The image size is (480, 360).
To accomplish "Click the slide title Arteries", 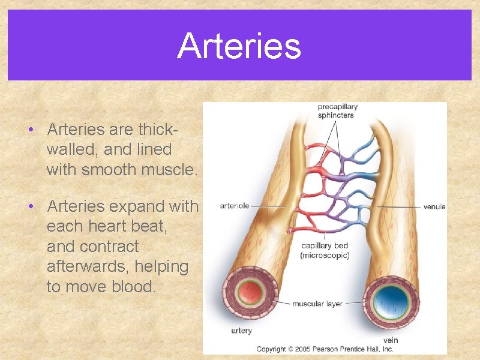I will tap(239, 46).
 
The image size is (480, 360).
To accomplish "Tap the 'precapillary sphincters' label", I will tap(335, 111).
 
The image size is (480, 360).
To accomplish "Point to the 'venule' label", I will tap(434, 206).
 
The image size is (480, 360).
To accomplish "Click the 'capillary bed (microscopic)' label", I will tap(325, 250).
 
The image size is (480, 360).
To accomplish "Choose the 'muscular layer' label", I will tap(317, 304).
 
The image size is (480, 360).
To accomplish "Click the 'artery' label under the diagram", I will tap(241, 331).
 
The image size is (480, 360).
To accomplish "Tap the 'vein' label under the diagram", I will tap(390, 340).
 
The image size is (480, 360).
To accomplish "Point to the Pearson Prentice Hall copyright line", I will tap(325, 349).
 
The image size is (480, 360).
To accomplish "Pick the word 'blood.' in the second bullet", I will tap(133, 287).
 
